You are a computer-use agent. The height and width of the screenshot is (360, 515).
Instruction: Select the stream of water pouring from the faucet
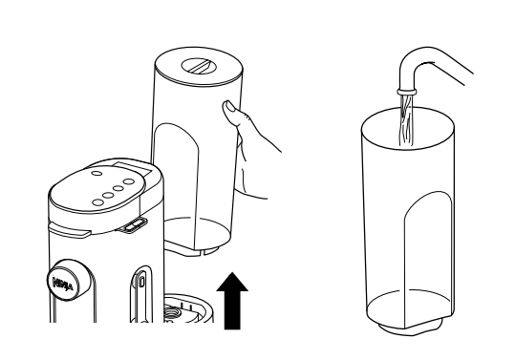(x=409, y=119)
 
